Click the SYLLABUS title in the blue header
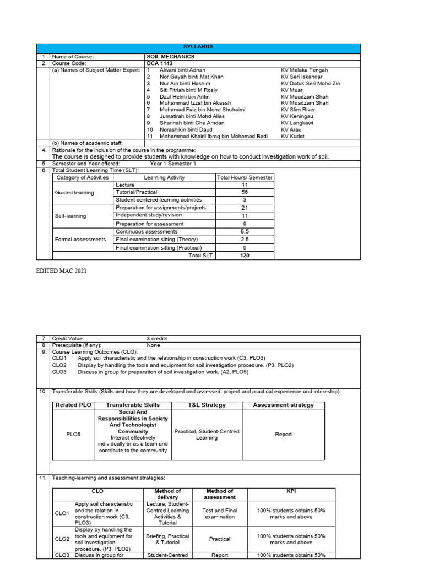point(198,47)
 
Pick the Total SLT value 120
point(245,256)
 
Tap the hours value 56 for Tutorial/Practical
point(245,192)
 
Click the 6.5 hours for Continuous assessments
point(245,232)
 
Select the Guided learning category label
point(74,193)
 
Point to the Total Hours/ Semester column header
point(245,178)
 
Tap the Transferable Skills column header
point(133,405)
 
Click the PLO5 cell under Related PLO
point(73,435)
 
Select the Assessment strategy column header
point(283,405)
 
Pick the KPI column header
point(291,491)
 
